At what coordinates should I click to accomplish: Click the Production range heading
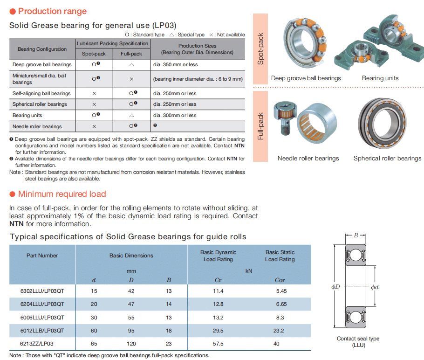(52, 11)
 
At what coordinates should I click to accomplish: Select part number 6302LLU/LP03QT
(42, 291)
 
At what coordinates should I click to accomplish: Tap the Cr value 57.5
(218, 343)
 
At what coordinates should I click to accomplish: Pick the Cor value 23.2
(280, 330)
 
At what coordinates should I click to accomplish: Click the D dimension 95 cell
(131, 330)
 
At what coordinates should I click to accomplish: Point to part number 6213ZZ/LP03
(37, 343)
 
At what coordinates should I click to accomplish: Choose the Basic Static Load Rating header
(280, 256)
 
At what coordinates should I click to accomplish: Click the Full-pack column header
(131, 54)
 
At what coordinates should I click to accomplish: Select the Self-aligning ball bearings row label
(41, 93)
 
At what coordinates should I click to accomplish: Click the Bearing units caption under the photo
(380, 78)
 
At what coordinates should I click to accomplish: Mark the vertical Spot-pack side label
(260, 48)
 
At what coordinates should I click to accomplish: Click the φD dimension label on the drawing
(335, 286)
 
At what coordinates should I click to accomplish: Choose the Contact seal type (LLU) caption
(358, 342)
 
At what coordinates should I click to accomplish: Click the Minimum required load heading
(62, 194)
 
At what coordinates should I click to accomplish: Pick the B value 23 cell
(168, 343)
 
